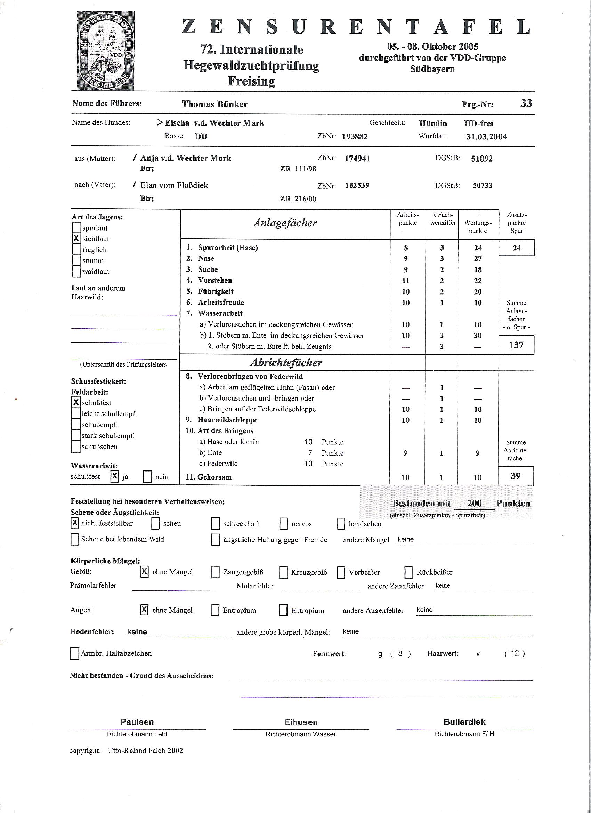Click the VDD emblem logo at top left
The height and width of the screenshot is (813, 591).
(x=106, y=51)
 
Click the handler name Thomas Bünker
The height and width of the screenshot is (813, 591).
(x=215, y=104)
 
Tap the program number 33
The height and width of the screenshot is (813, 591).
(x=526, y=104)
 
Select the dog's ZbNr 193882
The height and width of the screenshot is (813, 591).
(x=355, y=137)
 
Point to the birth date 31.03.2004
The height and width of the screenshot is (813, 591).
(x=486, y=137)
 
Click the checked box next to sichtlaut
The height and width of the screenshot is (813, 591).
(x=76, y=239)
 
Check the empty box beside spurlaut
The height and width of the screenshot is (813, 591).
(x=76, y=228)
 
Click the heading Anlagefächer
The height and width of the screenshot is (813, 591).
(x=285, y=223)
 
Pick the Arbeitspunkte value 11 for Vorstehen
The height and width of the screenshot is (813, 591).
(x=406, y=281)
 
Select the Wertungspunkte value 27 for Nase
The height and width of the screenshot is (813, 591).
(x=478, y=258)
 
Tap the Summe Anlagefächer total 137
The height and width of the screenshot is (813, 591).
(x=516, y=345)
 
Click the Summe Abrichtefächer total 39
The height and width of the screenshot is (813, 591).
(x=515, y=476)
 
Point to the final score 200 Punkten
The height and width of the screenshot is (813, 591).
(x=474, y=503)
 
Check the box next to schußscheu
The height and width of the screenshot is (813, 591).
(x=76, y=446)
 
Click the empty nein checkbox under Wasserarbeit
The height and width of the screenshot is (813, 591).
(x=147, y=477)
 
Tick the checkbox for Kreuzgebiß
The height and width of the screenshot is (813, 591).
(x=283, y=572)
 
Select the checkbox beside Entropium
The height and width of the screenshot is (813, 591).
(x=215, y=610)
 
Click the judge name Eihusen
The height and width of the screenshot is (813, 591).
(x=301, y=722)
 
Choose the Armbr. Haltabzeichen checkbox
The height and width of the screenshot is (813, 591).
(x=74, y=653)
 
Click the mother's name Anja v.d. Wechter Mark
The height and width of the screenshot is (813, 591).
(x=186, y=159)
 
